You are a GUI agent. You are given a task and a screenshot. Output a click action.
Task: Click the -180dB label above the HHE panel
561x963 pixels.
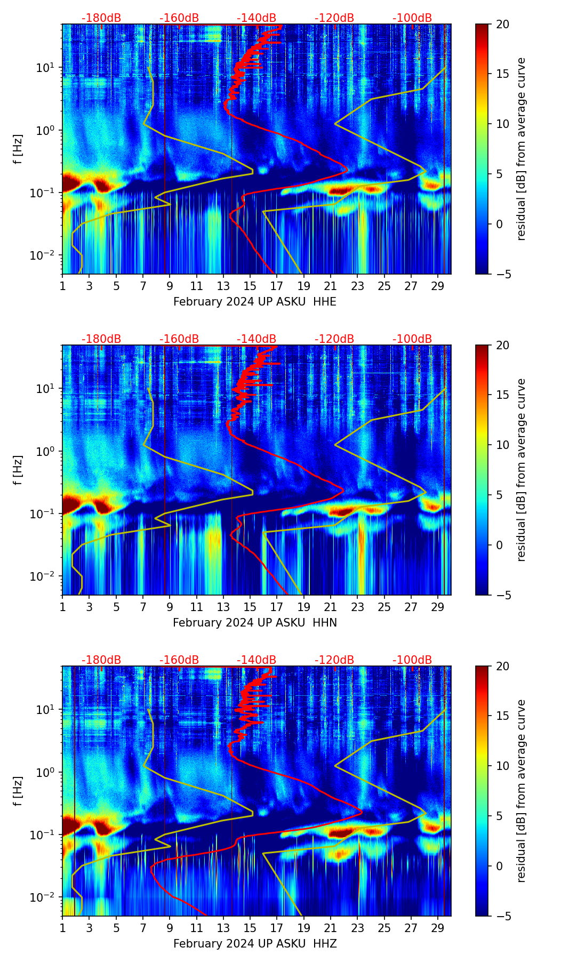(x=101, y=18)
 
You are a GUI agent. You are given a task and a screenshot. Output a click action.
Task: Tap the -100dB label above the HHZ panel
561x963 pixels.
(x=412, y=660)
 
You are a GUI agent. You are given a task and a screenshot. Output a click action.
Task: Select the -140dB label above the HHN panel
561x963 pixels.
(x=257, y=339)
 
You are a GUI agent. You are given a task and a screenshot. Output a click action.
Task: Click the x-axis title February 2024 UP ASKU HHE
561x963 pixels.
(x=255, y=302)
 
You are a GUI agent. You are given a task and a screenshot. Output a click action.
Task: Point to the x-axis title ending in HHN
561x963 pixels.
(x=255, y=623)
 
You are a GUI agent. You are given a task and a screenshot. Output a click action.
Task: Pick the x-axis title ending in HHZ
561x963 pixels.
(x=255, y=944)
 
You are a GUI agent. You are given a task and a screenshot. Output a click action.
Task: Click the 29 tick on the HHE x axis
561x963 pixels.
(x=438, y=286)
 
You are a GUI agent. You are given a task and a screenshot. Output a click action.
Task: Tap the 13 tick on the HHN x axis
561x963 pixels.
(x=223, y=607)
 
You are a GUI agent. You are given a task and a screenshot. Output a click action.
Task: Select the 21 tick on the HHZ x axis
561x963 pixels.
(x=330, y=928)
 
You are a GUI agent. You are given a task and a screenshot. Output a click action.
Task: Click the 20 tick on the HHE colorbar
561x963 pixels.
(x=502, y=24)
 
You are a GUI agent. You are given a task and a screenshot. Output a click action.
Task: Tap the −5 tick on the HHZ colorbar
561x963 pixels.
(x=502, y=916)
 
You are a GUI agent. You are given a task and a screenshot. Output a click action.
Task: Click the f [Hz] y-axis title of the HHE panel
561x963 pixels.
(x=18, y=149)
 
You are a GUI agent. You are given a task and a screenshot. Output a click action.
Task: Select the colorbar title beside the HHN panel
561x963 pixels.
(x=521, y=470)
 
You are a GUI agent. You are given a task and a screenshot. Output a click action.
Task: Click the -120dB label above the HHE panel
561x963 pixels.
(x=334, y=18)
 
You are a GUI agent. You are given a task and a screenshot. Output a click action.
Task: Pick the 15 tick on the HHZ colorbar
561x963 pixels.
(x=502, y=716)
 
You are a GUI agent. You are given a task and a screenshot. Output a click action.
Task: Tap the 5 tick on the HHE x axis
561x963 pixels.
(x=116, y=286)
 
